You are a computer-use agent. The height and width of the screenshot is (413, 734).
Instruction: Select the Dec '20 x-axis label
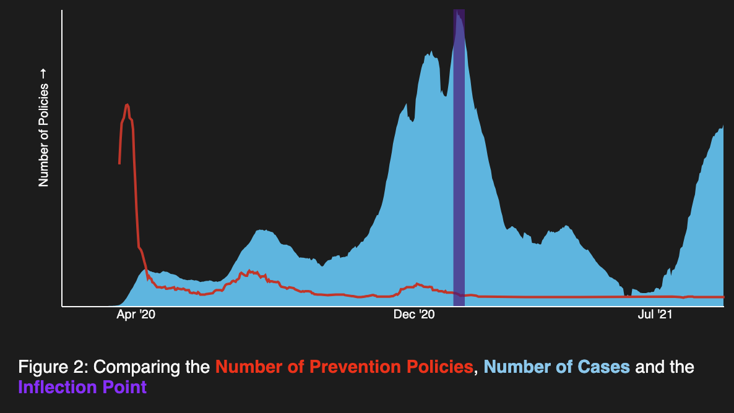click(415, 315)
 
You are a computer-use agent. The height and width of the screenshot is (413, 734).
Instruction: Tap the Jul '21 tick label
click(655, 315)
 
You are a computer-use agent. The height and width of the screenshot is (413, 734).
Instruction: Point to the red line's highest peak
click(127, 105)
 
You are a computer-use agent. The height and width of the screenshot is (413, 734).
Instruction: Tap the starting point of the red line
click(119, 163)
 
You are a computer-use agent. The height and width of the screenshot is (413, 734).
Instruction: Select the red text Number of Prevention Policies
click(344, 367)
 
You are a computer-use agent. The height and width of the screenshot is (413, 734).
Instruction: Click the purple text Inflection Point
click(82, 388)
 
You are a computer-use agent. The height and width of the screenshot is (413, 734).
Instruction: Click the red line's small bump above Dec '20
click(418, 284)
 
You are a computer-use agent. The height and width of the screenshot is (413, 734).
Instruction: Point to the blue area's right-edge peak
click(722, 126)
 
